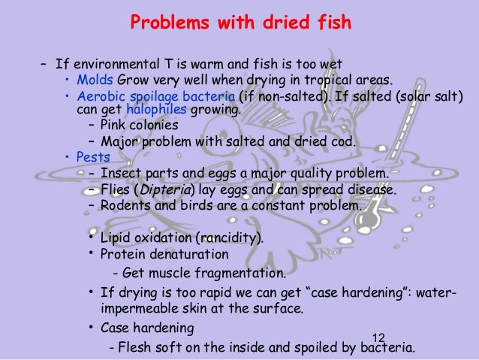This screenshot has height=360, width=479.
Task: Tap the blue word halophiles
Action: tap(147, 110)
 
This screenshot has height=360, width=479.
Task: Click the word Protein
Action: tap(120, 254)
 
